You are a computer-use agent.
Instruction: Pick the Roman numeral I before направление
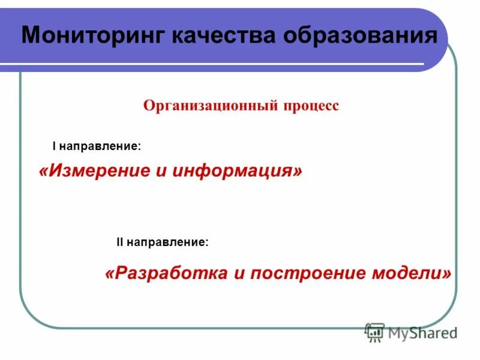(x=54, y=146)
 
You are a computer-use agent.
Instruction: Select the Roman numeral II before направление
(x=119, y=242)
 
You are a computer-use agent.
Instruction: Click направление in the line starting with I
(x=101, y=146)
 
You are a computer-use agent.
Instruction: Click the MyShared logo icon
(x=374, y=332)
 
